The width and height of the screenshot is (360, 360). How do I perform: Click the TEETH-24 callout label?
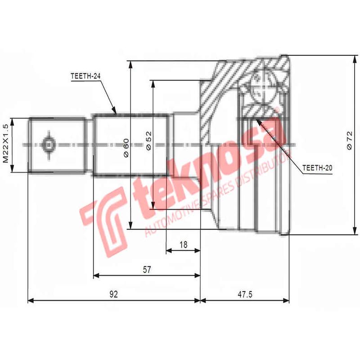coord(85,76)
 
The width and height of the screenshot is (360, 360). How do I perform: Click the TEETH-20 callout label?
coord(317,167)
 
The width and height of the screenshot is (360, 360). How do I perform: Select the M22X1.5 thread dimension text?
coord(6,144)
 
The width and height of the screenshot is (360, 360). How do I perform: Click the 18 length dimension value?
coord(183,245)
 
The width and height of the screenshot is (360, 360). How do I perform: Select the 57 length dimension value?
coord(147,270)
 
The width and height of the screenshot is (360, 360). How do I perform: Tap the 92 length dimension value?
coord(113,295)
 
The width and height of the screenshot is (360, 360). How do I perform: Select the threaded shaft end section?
coord(57,144)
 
